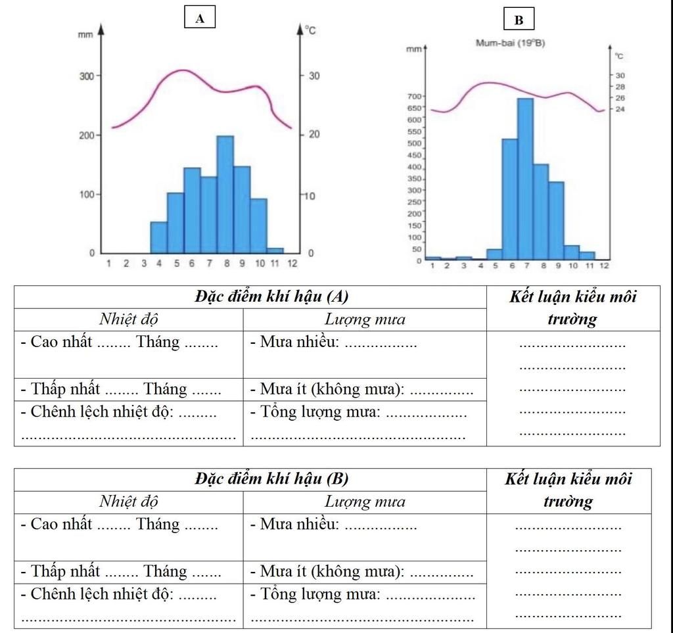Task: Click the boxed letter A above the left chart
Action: tap(200, 19)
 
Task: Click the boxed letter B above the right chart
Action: tap(519, 20)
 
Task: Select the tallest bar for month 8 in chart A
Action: tap(225, 194)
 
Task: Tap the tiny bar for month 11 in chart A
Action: tap(275, 250)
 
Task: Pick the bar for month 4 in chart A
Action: tap(159, 237)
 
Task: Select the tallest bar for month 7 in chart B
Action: tap(525, 179)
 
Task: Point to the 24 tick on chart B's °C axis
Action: tap(620, 109)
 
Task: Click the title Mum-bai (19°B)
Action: tap(510, 43)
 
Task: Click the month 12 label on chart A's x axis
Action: tap(292, 264)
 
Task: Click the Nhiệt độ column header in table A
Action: tap(129, 320)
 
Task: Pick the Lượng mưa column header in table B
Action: tap(365, 502)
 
